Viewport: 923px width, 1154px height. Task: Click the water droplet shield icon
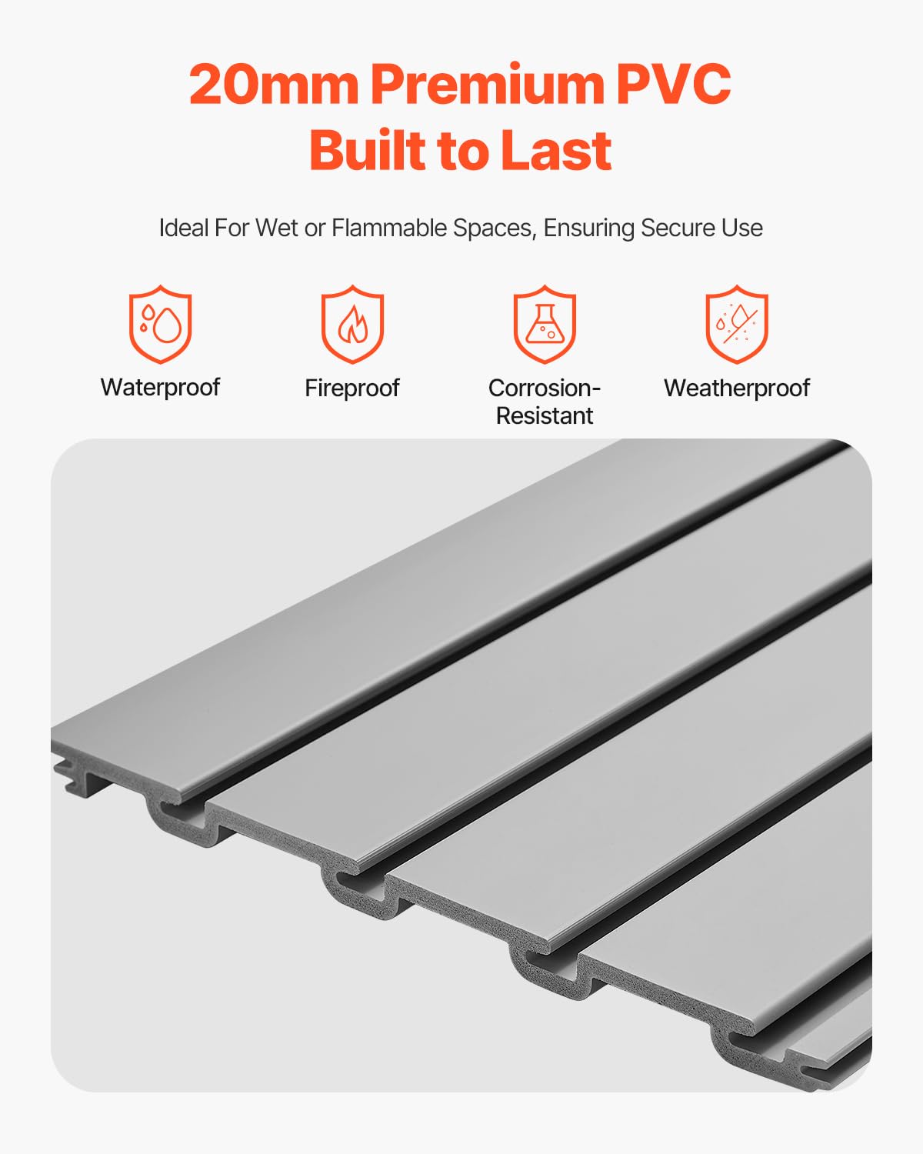tap(160, 324)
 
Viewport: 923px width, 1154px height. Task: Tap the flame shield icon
tap(352, 324)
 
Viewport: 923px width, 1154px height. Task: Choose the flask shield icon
tap(545, 324)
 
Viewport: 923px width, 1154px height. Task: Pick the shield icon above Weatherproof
tap(737, 324)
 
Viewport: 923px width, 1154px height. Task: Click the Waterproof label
tap(160, 387)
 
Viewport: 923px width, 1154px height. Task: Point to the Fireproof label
tap(352, 388)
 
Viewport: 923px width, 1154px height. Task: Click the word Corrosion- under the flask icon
tap(545, 388)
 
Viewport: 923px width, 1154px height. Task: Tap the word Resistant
tap(545, 415)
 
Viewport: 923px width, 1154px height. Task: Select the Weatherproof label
tap(737, 388)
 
